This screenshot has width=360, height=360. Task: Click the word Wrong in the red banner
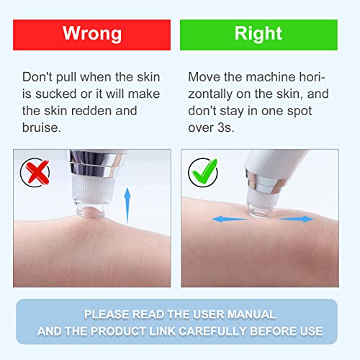[x=92, y=34]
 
